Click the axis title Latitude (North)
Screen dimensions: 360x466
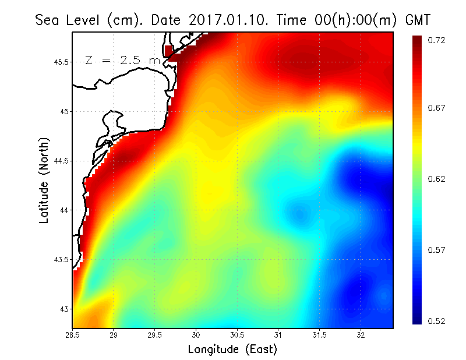pyautogui.click(x=44, y=181)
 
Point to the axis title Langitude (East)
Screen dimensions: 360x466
pyautogui.click(x=232, y=350)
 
